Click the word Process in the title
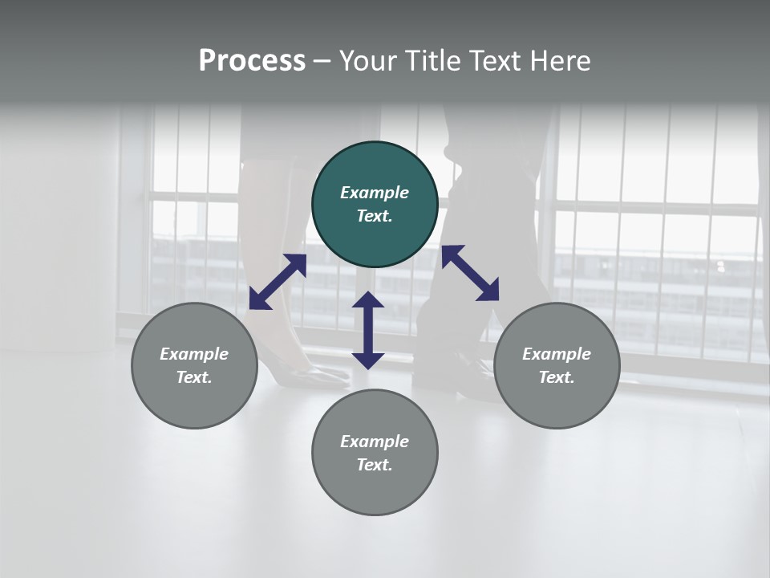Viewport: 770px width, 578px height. (x=252, y=61)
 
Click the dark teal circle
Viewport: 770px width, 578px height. (x=375, y=205)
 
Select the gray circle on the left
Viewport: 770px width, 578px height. (x=194, y=366)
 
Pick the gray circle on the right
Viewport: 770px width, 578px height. (x=557, y=366)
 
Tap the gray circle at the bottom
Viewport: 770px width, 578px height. (x=375, y=453)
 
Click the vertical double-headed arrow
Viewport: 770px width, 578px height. (x=368, y=330)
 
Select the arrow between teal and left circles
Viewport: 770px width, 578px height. (x=278, y=281)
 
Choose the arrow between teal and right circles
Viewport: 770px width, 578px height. (x=470, y=273)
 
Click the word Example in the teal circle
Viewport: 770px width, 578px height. (x=375, y=193)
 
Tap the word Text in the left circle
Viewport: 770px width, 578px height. (x=194, y=378)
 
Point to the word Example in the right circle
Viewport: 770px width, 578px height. (x=557, y=354)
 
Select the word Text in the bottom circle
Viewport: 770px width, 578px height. (x=375, y=465)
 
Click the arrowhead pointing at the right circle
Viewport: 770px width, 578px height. (x=488, y=291)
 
